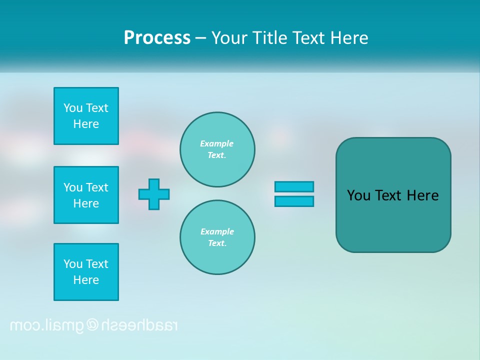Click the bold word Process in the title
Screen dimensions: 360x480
(x=157, y=38)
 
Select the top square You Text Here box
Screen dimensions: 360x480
(x=86, y=116)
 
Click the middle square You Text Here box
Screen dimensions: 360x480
(x=86, y=195)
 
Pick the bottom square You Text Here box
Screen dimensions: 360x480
(x=86, y=272)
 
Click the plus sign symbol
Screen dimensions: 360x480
(x=154, y=194)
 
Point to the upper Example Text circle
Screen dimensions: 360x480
(x=217, y=149)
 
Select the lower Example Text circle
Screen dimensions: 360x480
(x=217, y=237)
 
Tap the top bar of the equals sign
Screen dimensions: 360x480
(x=294, y=186)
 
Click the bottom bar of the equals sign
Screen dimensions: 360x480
(x=294, y=201)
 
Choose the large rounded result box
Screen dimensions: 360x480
(x=393, y=195)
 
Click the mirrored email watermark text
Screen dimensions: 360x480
(x=93, y=325)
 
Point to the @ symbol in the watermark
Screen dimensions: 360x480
(x=92, y=325)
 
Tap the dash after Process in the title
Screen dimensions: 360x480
(x=200, y=38)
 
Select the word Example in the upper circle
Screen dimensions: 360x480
(x=217, y=143)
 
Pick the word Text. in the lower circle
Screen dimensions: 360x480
(x=217, y=243)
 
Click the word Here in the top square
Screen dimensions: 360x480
(x=86, y=124)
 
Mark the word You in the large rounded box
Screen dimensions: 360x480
(x=358, y=195)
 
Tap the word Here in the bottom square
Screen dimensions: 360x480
(x=86, y=280)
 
